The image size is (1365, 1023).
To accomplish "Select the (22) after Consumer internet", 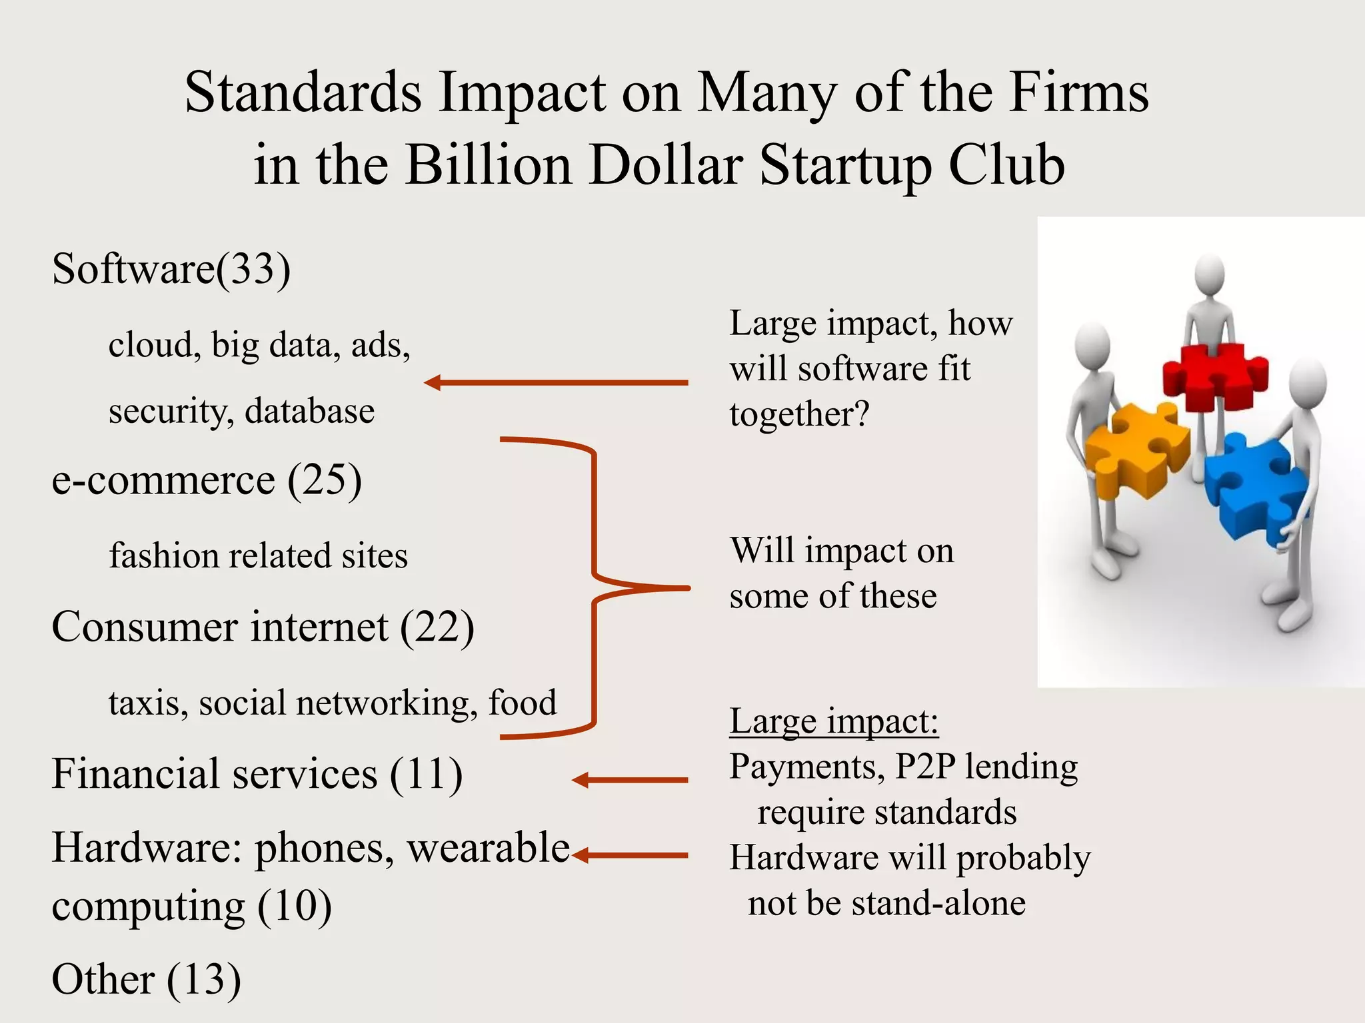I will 437,627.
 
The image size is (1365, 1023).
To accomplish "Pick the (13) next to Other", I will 204,980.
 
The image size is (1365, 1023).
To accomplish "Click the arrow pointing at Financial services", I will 629,780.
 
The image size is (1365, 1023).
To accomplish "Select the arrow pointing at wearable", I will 629,855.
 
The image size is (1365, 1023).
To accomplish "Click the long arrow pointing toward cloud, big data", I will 556,383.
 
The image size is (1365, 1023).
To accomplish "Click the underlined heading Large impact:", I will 834,721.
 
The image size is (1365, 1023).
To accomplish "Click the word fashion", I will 164,555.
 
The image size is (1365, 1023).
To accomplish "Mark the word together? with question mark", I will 800,414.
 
